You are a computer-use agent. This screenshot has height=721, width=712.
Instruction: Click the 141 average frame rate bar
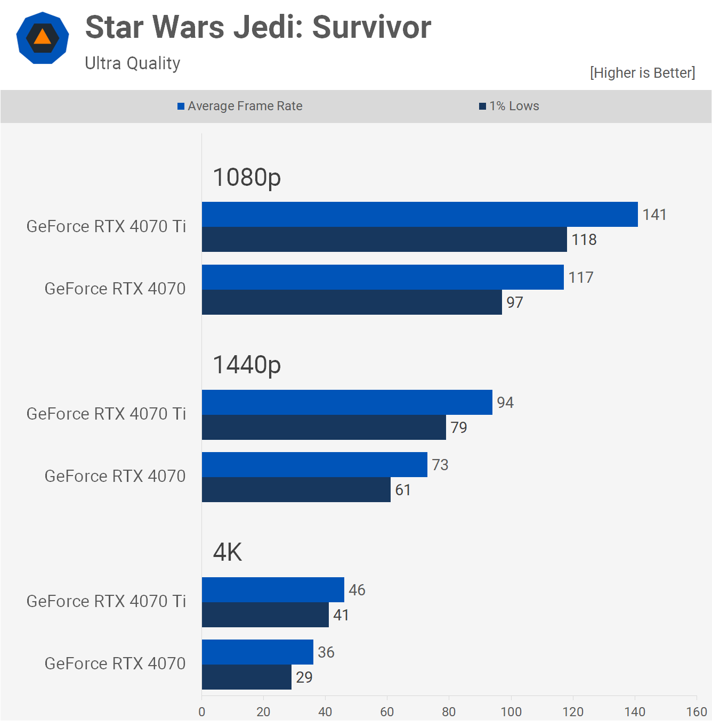419,215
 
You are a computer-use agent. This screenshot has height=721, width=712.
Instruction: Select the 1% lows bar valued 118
384,240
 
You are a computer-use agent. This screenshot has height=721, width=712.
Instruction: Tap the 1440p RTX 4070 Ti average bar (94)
346,403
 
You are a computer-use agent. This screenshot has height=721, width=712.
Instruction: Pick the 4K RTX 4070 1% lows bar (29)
246,677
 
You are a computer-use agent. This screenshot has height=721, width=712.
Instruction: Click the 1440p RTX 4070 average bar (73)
314,465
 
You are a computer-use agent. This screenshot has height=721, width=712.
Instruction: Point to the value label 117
581,277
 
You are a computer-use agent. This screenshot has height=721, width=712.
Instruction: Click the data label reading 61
403,490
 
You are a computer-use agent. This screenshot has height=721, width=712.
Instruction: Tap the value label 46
357,590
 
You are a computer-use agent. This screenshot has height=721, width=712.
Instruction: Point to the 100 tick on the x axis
511,711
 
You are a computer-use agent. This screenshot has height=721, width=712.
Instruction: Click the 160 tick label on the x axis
697,711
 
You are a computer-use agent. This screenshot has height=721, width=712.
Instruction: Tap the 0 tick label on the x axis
202,711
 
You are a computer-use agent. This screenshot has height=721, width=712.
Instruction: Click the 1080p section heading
247,177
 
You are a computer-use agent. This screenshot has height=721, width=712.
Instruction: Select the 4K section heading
228,552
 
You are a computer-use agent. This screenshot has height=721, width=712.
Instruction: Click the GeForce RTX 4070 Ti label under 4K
106,601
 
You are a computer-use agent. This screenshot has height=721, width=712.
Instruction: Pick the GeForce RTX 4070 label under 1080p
115,289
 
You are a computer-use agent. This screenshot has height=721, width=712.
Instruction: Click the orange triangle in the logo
43,37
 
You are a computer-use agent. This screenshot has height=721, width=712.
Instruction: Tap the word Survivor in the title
371,27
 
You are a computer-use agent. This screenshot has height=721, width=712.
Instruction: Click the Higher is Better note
642,73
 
